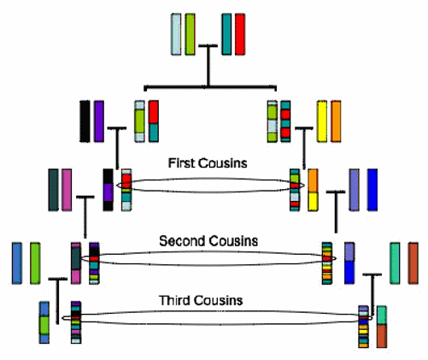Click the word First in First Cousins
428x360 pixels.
click(181, 163)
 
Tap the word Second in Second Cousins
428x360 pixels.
click(184, 241)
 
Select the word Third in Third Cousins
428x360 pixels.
click(175, 300)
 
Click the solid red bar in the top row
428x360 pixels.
click(240, 34)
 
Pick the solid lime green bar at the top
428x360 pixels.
click(190, 34)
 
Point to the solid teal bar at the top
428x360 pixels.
click(226, 34)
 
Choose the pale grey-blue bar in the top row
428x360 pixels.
click(176, 34)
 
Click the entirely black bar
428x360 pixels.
click(85, 121)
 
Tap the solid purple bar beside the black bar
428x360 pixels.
click(99, 121)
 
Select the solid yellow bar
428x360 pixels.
click(322, 121)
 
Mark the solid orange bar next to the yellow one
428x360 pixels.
click(336, 121)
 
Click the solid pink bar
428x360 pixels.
click(67, 190)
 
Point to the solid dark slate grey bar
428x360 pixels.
click(53, 190)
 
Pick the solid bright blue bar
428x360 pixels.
click(372, 190)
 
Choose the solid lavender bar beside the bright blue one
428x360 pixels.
click(354, 190)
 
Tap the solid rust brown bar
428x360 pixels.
click(413, 263)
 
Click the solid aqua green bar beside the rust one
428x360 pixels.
click(395, 263)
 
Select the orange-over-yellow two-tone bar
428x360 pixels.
click(313, 190)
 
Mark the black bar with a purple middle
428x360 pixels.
click(108, 190)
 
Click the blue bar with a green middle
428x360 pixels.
click(44, 322)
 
